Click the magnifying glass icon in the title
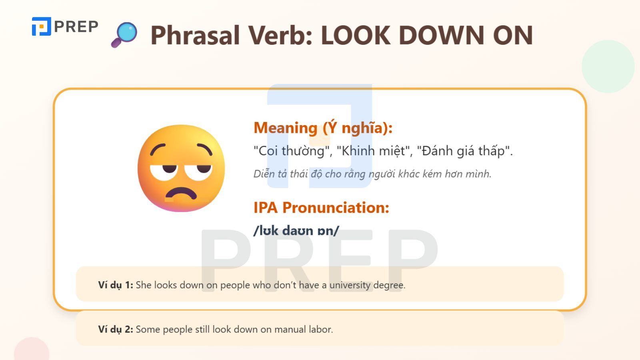tap(125, 34)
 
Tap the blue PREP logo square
tap(41, 26)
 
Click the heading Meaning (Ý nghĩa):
tap(323, 128)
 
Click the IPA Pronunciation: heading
tap(321, 208)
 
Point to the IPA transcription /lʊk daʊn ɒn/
tap(296, 230)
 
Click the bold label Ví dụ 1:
tap(115, 285)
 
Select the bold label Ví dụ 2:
tap(115, 330)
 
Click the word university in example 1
tap(350, 285)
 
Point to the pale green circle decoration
tap(608, 66)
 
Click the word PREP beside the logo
tap(76, 27)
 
